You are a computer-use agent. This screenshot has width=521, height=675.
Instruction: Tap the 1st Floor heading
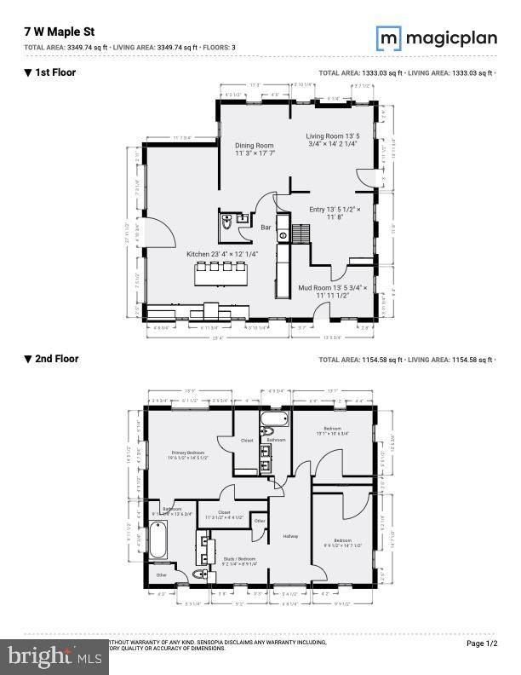50,72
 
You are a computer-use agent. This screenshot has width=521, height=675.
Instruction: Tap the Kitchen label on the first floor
222,254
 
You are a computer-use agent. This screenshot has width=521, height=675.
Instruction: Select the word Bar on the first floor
266,228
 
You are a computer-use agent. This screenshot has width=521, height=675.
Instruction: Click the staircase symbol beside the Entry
302,233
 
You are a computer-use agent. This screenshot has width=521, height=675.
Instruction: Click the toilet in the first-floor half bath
226,223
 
